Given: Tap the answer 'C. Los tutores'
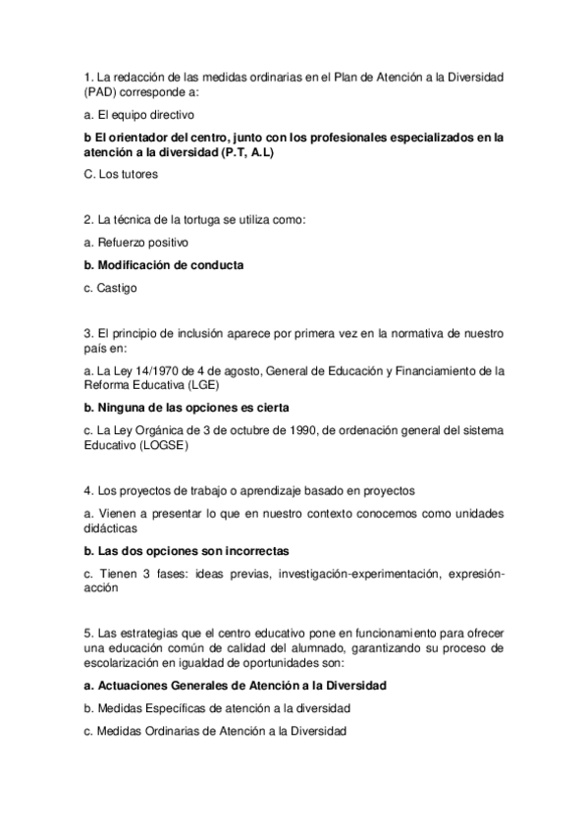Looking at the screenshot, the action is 121,174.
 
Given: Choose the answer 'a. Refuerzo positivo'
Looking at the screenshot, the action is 136,242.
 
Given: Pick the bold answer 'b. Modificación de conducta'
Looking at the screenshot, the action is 164,265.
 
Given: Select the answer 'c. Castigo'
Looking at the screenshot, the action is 111,288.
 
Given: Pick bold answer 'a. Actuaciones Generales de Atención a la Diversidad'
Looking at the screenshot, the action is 235,685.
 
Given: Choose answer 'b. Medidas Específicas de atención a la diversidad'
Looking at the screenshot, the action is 217,708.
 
